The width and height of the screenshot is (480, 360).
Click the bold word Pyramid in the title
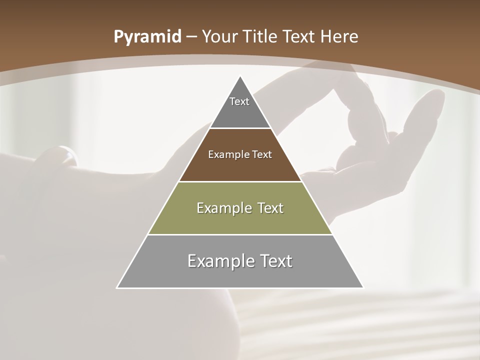(147, 37)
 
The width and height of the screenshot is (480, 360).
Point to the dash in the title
(191, 37)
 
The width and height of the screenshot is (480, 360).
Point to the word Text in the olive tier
(269, 208)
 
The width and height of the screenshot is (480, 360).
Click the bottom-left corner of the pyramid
(117, 287)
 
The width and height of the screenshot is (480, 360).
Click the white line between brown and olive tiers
(240, 181)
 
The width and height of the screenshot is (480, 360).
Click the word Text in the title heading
(298, 37)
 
